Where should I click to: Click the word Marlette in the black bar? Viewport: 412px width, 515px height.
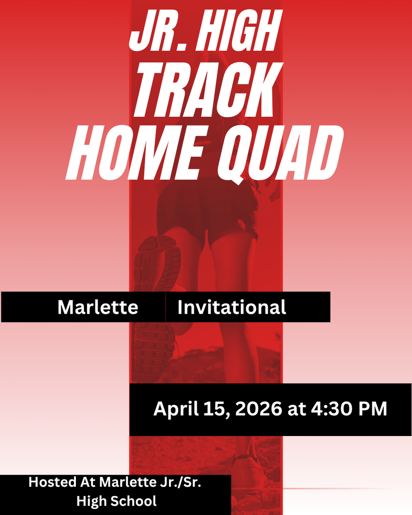coord(98,307)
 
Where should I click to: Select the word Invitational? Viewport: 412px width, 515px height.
coord(231,307)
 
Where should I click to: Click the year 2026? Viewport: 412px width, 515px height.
coord(258,408)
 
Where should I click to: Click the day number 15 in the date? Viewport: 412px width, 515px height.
coord(209,408)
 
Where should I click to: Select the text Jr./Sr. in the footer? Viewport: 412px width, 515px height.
coord(186,482)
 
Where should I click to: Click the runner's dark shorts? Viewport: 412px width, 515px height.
coord(206,209)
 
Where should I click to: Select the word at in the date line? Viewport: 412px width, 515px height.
coord(296,409)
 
